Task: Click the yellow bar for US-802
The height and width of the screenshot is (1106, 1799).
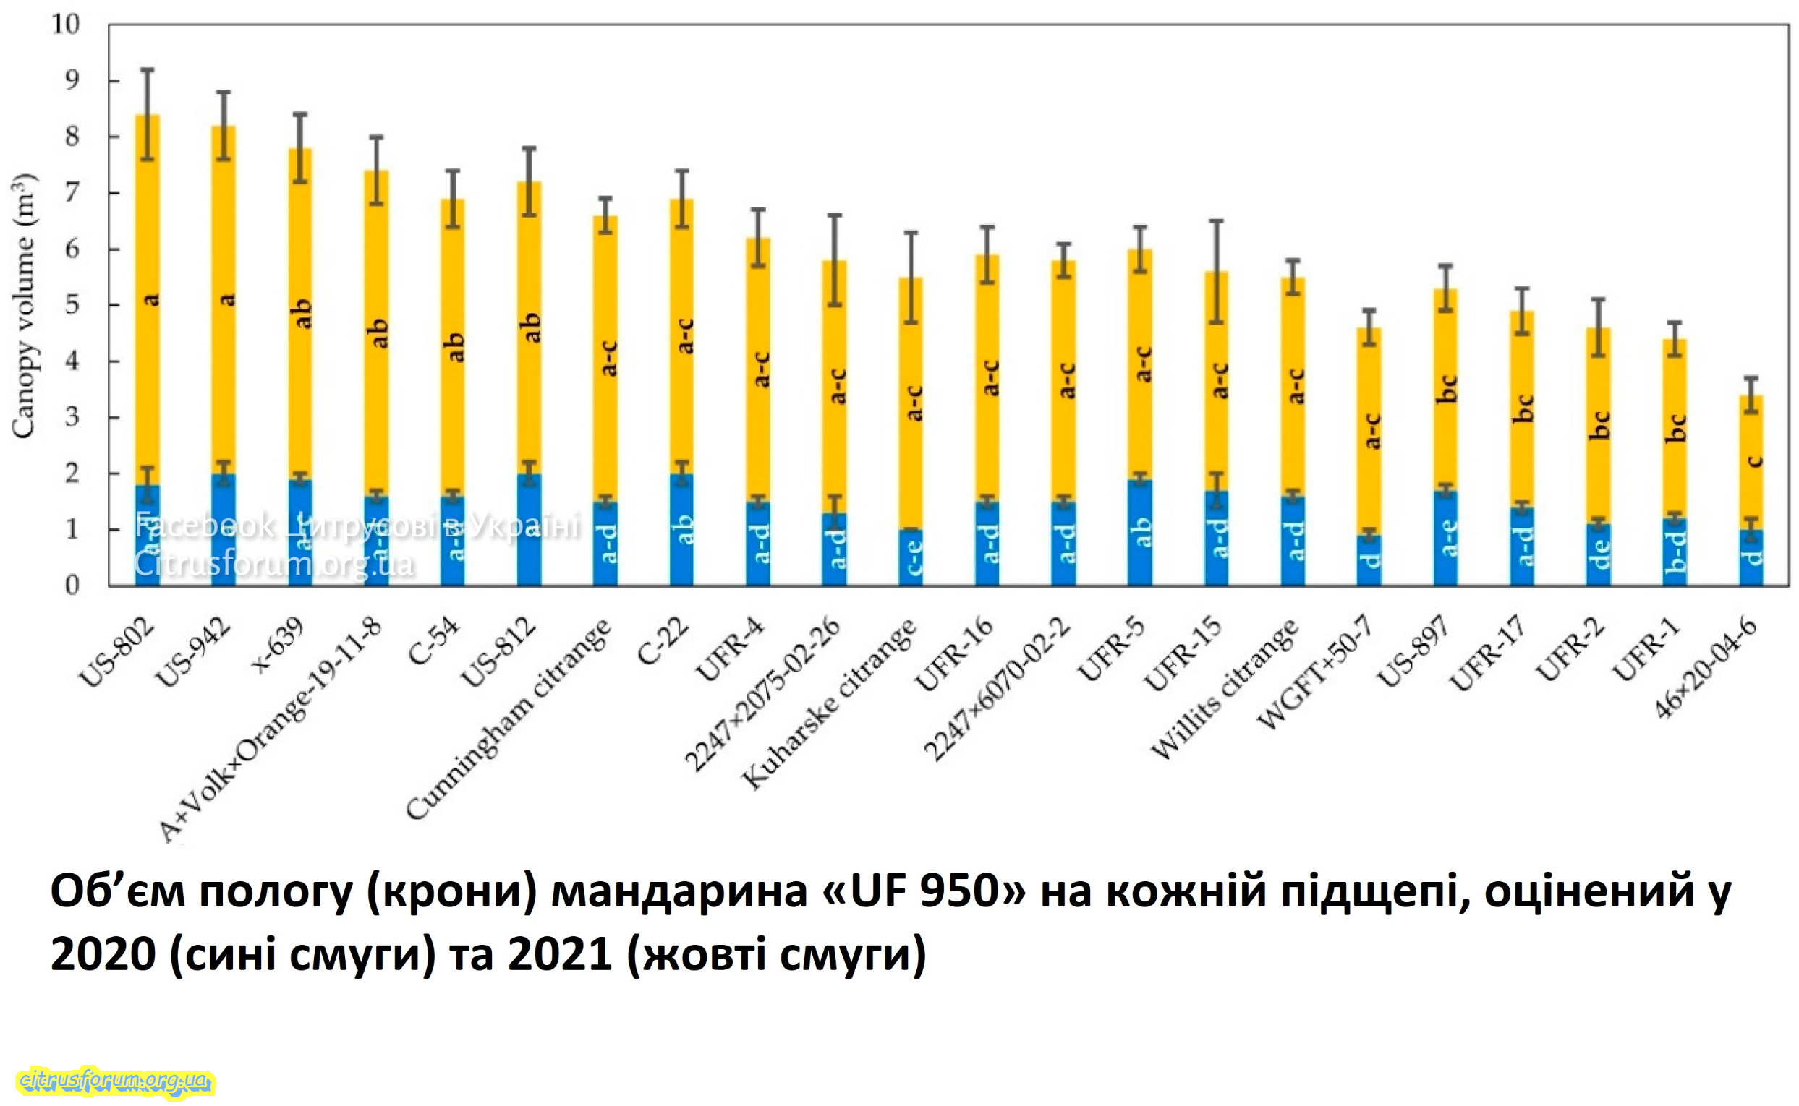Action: click(147, 300)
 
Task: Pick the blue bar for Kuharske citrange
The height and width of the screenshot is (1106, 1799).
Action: click(911, 557)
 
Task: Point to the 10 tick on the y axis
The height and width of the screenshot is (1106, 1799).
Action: click(65, 24)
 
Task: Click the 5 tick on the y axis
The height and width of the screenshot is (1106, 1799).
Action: click(71, 305)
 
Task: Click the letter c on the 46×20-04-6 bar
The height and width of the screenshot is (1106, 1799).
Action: click(1753, 461)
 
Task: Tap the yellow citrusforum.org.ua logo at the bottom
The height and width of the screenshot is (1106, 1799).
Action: click(116, 1080)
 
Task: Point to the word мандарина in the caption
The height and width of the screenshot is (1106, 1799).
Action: click(678, 893)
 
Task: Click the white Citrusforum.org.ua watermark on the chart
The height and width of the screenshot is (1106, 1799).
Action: click(273, 564)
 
